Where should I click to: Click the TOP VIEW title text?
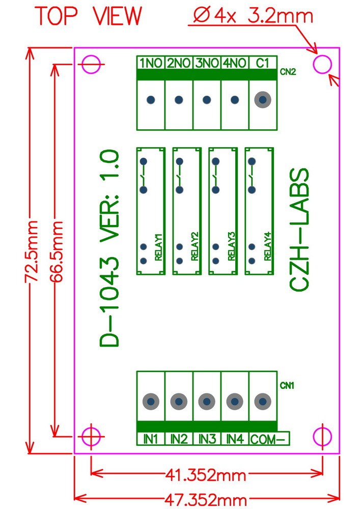pyautogui.click(x=89, y=16)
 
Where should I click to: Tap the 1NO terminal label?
pyautogui.click(x=150, y=63)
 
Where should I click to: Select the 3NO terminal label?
pyautogui.click(x=207, y=63)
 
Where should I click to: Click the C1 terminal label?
pyautogui.click(x=263, y=63)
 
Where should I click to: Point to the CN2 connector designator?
pyautogui.click(x=288, y=72)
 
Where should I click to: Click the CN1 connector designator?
pyautogui.click(x=287, y=385)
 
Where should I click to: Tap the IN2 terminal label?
pyautogui.click(x=179, y=439)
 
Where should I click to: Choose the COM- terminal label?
pyautogui.click(x=268, y=439)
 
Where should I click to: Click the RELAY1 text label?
pyautogui.click(x=158, y=247)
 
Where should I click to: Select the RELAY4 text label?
pyautogui.click(x=267, y=247)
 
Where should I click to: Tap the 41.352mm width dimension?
pyautogui.click(x=206, y=475)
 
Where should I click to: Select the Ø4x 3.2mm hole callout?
pyautogui.click(x=253, y=16)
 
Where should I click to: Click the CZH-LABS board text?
pyautogui.click(x=299, y=230)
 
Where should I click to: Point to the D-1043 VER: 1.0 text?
pyautogui.click(x=109, y=248)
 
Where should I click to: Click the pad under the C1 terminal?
pyautogui.click(x=263, y=99)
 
